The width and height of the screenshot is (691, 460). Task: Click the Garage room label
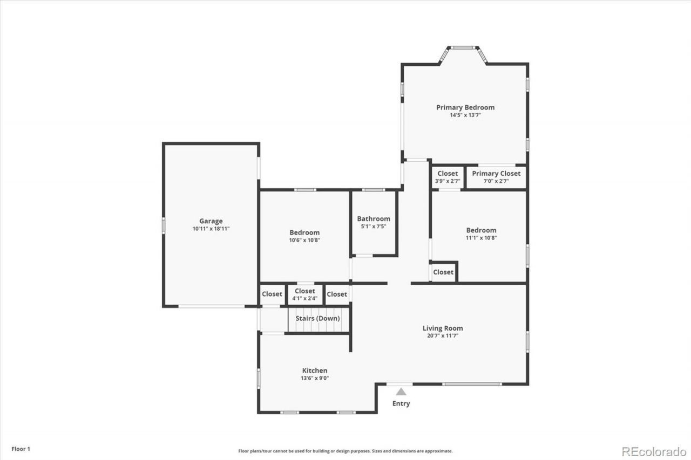pos(211,221)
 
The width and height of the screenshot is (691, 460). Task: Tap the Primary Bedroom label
pos(465,107)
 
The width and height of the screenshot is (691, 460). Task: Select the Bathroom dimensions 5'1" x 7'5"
pos(374,226)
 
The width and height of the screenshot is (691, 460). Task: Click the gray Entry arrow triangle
pos(401,392)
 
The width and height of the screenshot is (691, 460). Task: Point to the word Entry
pos(401,403)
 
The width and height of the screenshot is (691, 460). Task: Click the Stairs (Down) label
pos(318,318)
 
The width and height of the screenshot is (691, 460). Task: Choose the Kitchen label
pos(315,370)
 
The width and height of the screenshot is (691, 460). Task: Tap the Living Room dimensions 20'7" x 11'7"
pos(443,335)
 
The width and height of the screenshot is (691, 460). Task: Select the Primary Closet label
pos(496,174)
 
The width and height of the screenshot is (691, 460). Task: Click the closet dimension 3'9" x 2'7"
pos(448,181)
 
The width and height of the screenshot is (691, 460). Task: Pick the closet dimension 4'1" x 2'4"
pos(305,298)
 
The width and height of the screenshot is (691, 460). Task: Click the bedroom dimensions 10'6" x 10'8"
pos(304,240)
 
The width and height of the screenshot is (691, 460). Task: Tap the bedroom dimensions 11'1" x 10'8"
pos(481,238)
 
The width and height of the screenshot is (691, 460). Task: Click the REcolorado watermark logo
pos(654,452)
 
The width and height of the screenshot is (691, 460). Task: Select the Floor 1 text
pos(21,449)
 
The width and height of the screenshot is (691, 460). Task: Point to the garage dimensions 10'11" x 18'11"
pos(211,229)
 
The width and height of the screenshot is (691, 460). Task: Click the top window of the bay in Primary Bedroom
pos(463,48)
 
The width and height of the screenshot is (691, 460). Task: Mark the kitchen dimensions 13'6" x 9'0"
pos(315,378)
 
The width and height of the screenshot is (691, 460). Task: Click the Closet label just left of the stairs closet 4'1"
pos(272,294)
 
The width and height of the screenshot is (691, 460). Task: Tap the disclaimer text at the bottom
pos(345,451)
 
